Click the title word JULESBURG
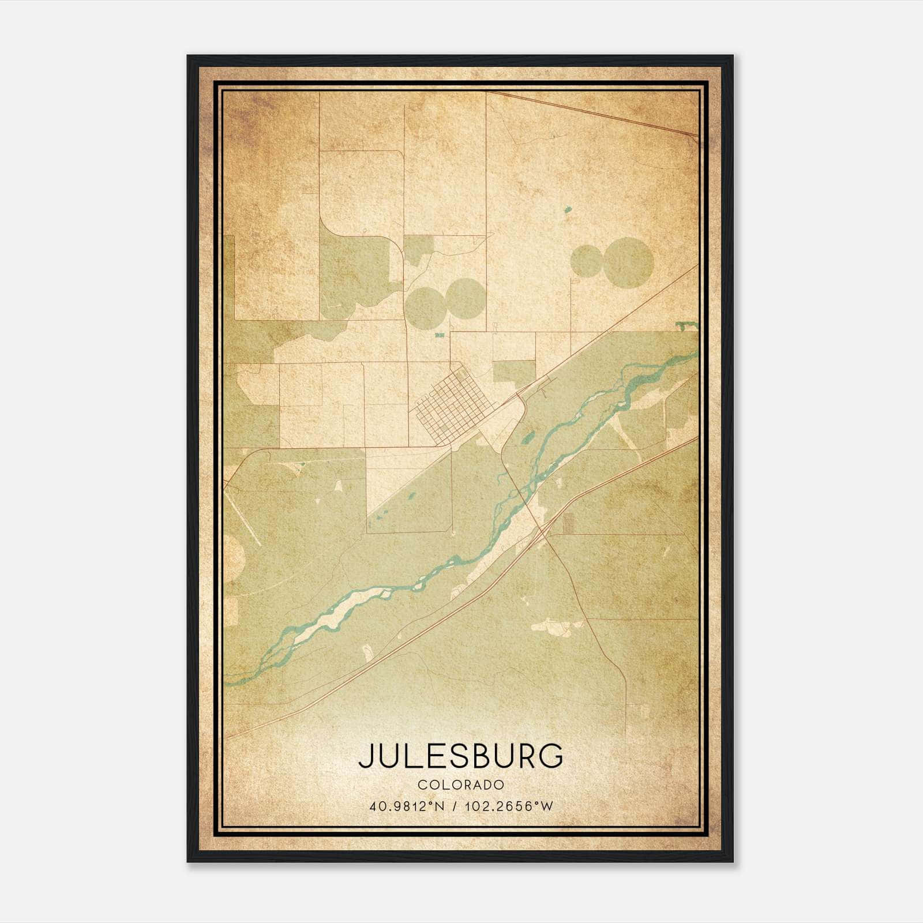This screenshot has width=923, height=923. tap(460, 756)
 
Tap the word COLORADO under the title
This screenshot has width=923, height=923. tap(461, 785)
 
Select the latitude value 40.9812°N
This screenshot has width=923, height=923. tap(407, 806)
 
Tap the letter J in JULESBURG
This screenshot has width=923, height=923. tap(366, 756)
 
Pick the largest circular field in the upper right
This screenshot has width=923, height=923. tap(628, 262)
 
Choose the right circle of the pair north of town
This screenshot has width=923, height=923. tap(465, 298)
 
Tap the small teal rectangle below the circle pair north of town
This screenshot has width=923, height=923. tap(440, 335)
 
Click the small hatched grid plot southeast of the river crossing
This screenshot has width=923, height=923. tap(569, 523)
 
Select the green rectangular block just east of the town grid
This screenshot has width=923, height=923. tap(514, 372)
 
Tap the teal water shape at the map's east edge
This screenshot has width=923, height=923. tap(686, 325)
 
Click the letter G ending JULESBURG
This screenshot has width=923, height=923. tap(551, 756)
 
